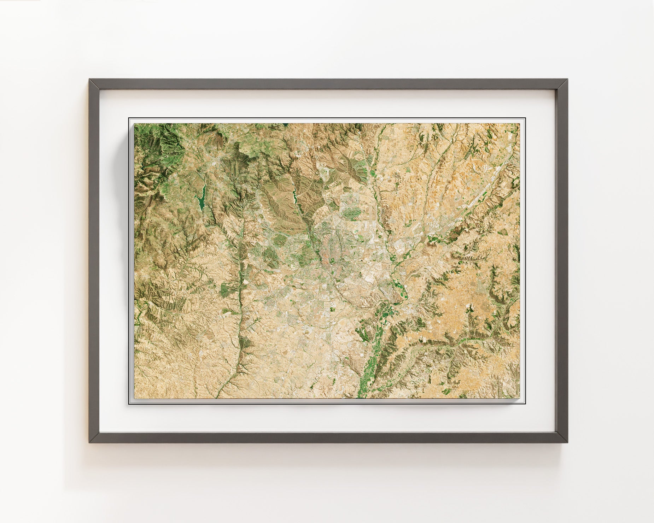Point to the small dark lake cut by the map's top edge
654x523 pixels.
tap(285, 124)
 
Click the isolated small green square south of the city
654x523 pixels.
tap(332, 310)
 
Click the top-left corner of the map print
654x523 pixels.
tap(134, 124)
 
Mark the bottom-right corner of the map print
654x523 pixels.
tap(520, 398)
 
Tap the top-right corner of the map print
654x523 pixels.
tap(520, 124)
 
